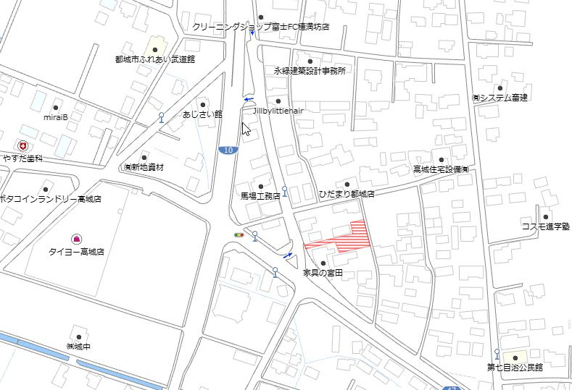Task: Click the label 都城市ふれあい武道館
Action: [x=154, y=59]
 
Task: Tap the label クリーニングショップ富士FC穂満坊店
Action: [x=261, y=27]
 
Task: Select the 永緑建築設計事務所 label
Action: [x=310, y=71]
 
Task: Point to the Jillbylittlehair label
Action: [x=278, y=111]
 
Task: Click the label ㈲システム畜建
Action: [x=500, y=98]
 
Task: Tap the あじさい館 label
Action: [x=202, y=114]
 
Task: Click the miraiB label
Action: [x=56, y=116]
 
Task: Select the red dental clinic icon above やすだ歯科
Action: [x=23, y=145]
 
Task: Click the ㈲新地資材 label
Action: [x=144, y=166]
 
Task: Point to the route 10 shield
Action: [x=228, y=150]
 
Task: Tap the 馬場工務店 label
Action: [x=260, y=195]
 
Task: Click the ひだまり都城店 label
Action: [x=347, y=194]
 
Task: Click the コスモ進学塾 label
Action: [x=545, y=226]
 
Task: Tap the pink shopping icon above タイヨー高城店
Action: [x=76, y=239]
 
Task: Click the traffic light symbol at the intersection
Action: [x=239, y=234]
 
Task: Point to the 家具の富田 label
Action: [x=323, y=273]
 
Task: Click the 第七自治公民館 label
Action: [x=515, y=367]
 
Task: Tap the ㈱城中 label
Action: [x=78, y=347]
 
